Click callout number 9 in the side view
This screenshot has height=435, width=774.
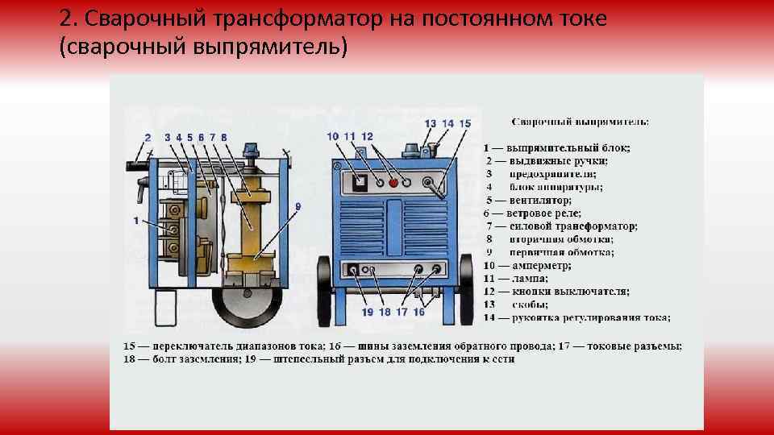tap(298, 207)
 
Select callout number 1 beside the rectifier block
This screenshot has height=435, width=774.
tap(136, 219)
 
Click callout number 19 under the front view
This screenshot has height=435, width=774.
tap(367, 312)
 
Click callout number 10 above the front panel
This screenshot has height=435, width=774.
tap(333, 136)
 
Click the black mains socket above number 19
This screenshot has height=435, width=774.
tap(353, 270)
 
